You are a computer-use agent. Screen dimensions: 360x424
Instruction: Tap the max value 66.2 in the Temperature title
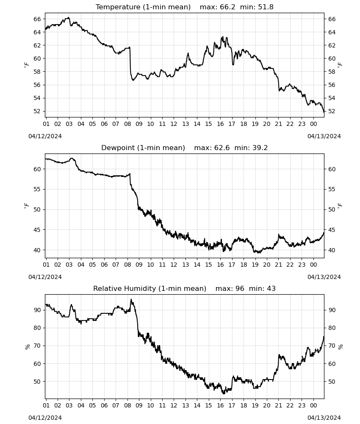[228, 7]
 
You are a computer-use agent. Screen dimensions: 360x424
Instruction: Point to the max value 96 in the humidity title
[240, 288]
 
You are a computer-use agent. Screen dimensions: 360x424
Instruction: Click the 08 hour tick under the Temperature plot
[127, 124]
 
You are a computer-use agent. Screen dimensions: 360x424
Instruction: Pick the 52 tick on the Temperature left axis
[37, 111]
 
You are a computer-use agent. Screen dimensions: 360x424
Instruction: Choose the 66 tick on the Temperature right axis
[332, 19]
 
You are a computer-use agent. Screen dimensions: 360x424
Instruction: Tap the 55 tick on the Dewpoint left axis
[37, 189]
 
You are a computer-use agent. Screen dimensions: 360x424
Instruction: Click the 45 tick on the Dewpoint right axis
[332, 230]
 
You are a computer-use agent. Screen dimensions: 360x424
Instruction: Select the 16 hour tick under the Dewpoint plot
[220, 265]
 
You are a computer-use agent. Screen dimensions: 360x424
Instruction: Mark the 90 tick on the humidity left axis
[37, 310]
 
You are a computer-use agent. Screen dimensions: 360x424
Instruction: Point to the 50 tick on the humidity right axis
[332, 382]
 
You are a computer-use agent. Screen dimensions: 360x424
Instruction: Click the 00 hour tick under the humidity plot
[313, 406]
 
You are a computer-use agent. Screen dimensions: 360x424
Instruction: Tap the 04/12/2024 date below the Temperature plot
[45, 136]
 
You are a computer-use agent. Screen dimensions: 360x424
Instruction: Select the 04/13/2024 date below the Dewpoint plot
[324, 277]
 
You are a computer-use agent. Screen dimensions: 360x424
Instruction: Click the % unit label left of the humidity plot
[27, 347]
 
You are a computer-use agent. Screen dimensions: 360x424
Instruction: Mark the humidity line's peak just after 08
[131, 299]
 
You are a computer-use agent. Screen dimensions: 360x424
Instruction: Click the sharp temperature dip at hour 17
[233, 64]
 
